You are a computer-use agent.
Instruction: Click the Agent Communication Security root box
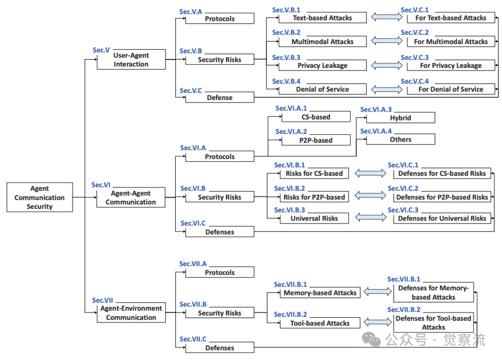(40, 198)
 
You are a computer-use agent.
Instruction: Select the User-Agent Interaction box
(131, 60)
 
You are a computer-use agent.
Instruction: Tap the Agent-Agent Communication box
(131, 198)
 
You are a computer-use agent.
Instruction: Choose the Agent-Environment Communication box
(131, 313)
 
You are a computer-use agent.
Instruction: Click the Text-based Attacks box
(323, 18)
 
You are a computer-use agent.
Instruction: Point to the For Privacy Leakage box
(450, 66)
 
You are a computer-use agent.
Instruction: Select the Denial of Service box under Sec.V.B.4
(323, 89)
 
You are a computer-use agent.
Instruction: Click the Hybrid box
(401, 118)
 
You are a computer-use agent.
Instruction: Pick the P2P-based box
(316, 140)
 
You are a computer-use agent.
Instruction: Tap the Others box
(401, 140)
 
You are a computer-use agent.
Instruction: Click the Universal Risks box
(314, 218)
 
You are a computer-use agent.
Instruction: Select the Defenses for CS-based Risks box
(442, 173)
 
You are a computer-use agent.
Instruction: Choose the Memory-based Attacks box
(320, 293)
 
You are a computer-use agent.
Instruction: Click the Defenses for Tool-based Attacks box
(434, 323)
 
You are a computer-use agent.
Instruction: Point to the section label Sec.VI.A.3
(376, 109)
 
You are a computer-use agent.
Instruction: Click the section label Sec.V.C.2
(415, 33)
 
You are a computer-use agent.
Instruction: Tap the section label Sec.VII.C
(193, 339)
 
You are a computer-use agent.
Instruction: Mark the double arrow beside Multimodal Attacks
(387, 41)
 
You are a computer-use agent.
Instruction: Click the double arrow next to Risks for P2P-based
(370, 196)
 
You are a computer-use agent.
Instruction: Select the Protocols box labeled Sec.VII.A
(220, 273)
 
